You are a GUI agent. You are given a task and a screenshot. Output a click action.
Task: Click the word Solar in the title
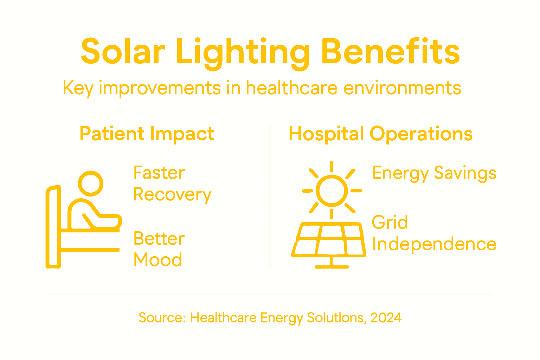(x=123, y=52)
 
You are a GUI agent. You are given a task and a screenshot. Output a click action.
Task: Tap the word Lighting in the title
(x=243, y=53)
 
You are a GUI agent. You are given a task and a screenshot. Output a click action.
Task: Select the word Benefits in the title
(x=390, y=52)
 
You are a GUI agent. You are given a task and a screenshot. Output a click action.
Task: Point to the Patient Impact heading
(x=147, y=134)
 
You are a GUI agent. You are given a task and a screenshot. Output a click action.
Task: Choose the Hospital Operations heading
(x=380, y=134)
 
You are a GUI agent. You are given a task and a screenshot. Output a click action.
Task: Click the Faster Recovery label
(x=172, y=184)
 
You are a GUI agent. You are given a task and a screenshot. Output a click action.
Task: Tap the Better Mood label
(x=159, y=249)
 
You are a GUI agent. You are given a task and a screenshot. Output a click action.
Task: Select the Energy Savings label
(x=434, y=173)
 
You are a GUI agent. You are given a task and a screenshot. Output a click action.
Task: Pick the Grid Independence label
(x=434, y=233)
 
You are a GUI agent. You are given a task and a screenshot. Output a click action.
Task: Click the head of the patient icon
(x=91, y=184)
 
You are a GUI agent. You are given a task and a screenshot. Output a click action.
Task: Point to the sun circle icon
(x=332, y=191)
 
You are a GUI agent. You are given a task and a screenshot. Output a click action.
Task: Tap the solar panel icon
(x=329, y=239)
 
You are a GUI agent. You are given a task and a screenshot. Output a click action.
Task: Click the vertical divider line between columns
(x=270, y=197)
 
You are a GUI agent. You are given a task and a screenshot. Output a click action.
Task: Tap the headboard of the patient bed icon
(x=53, y=227)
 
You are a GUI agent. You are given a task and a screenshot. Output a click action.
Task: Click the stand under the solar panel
(x=332, y=263)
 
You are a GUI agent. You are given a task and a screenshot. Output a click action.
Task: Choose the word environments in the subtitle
(x=402, y=88)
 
